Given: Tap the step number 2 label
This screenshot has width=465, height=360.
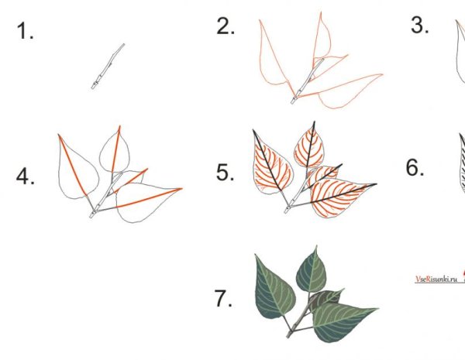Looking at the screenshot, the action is pos(226,26).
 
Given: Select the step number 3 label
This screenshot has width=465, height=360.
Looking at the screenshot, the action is pos(419,25).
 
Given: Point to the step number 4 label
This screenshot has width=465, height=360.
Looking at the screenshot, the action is pos(26,177).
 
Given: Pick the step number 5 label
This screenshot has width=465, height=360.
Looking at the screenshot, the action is pos(225,173).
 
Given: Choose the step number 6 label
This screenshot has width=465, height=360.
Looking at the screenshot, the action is pos(415,168).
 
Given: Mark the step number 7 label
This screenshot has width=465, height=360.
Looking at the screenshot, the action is pos(223,298).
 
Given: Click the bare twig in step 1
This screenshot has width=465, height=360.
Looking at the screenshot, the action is pos(108,67).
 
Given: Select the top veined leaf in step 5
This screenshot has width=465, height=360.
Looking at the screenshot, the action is pos(308,146).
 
